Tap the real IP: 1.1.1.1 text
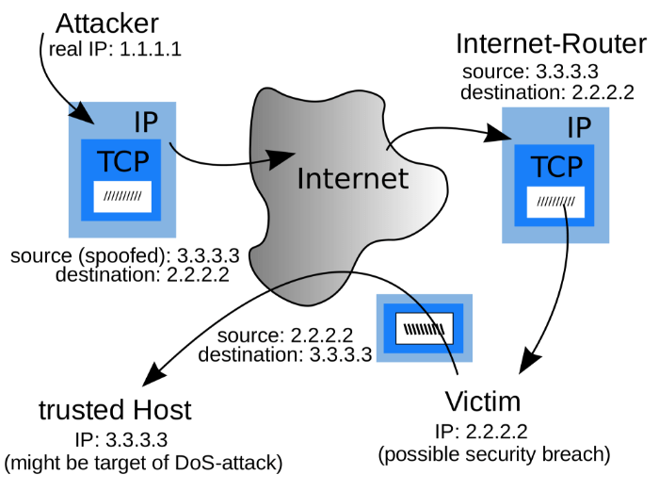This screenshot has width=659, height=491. [115, 48]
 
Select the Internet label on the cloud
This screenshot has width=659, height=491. [352, 177]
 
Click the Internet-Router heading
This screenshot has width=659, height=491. [551, 44]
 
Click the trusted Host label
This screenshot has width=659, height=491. [115, 410]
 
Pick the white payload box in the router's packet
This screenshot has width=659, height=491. [555, 201]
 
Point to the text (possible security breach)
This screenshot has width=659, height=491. [493, 455]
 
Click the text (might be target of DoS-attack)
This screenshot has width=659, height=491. [142, 464]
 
